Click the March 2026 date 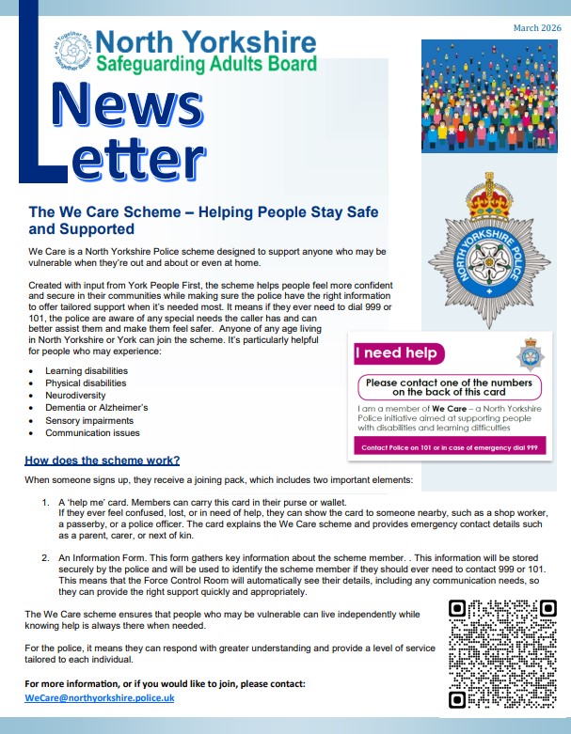pyautogui.click(x=536, y=28)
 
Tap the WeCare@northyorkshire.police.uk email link pyautogui.click(x=100, y=698)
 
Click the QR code pyautogui.click(x=500, y=652)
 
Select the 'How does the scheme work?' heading pyautogui.click(x=102, y=461)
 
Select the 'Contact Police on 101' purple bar pyautogui.click(x=448, y=448)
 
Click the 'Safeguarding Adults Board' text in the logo pyautogui.click(x=205, y=64)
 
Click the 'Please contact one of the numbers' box pyautogui.click(x=448, y=388)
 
